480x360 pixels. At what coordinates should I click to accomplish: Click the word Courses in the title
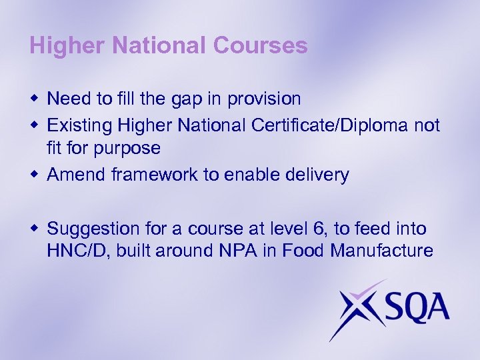click(262, 46)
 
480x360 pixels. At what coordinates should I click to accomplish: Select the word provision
click(264, 99)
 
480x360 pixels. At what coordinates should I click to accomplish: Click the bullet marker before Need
click(34, 99)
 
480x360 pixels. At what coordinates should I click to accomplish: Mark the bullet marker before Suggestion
click(34, 229)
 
